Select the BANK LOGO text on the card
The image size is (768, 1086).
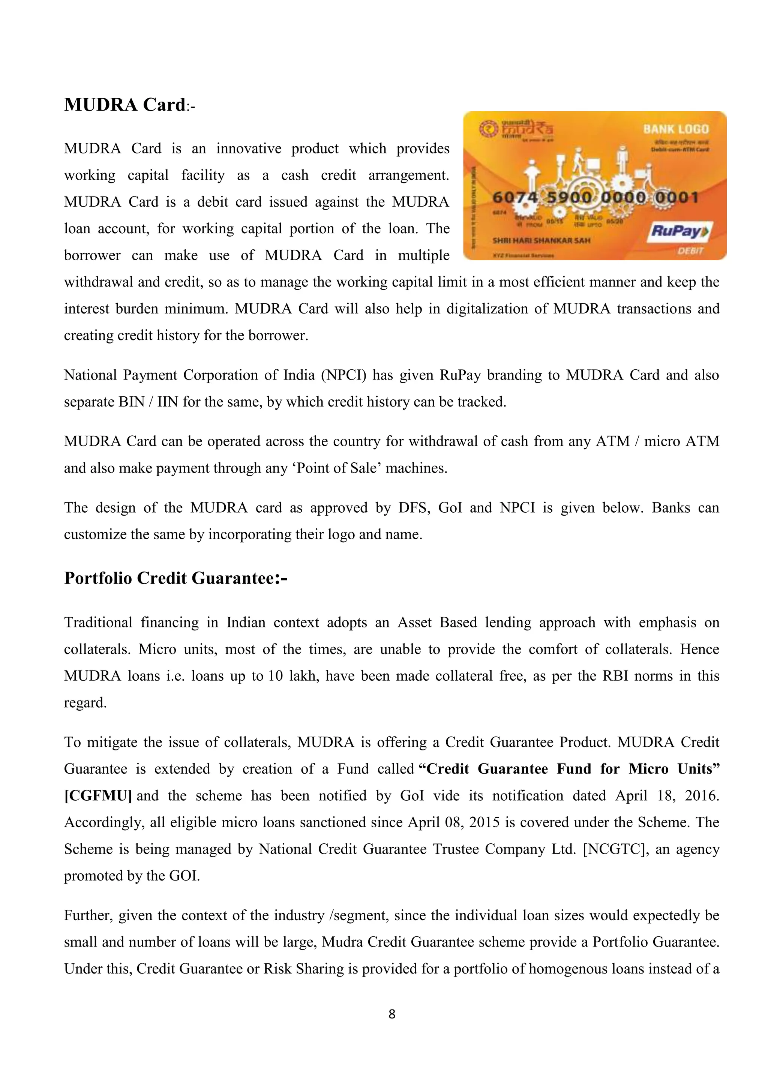(676, 129)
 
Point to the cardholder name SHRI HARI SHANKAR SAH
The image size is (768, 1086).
(541, 240)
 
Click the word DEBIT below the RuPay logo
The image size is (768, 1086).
(690, 251)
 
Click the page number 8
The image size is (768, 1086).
(391, 1014)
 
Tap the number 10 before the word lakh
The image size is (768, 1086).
(275, 676)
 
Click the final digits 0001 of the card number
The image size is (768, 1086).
(676, 197)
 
